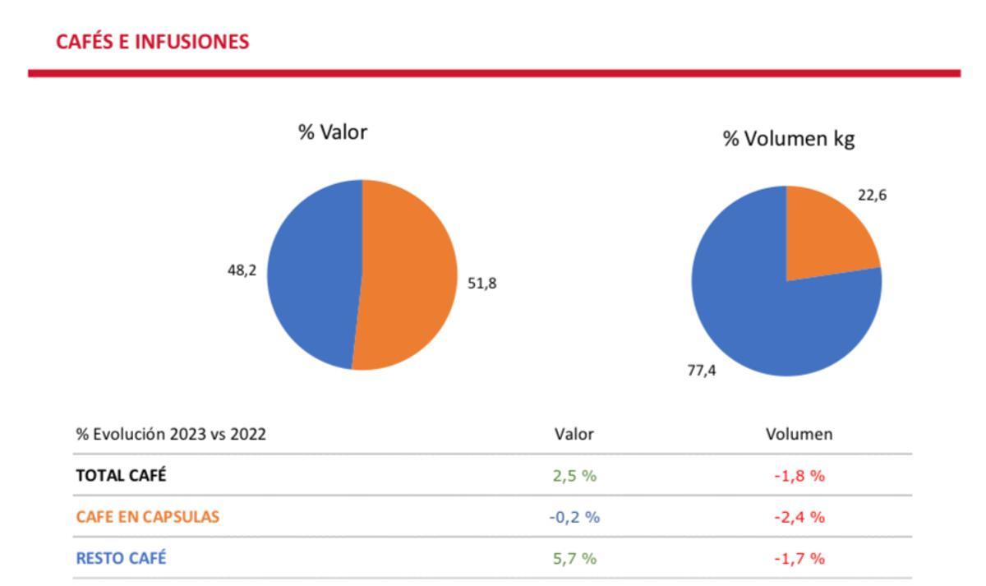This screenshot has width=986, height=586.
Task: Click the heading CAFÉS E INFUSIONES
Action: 152,42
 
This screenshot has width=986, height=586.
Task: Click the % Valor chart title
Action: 332,132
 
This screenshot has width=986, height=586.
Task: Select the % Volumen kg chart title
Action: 788,139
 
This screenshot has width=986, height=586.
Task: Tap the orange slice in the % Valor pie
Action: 407,275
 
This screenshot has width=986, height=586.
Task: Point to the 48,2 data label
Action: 242,270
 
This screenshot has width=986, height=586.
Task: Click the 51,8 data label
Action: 481,284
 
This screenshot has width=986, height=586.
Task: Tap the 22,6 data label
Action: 872,196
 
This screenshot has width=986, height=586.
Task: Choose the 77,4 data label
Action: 701,371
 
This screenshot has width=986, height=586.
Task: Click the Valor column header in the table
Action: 574,434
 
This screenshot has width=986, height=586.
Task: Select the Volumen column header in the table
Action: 799,434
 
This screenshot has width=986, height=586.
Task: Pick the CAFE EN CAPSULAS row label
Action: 147,517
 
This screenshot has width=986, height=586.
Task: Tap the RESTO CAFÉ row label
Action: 121,558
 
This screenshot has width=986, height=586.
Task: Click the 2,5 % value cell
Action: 574,475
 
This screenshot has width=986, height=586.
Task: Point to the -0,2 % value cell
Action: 574,517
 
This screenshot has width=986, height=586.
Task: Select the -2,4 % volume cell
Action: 799,517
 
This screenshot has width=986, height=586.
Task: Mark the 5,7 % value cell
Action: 574,558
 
